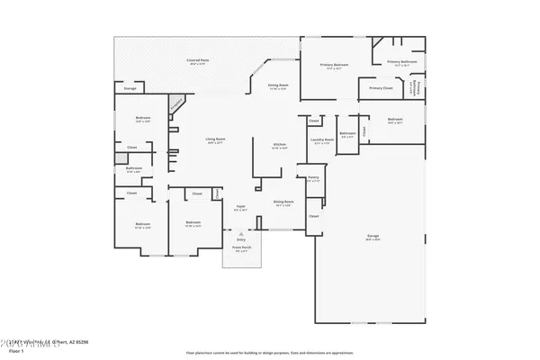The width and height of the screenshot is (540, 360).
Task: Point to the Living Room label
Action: (x=214, y=139)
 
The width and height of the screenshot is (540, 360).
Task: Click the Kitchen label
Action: (x=280, y=146)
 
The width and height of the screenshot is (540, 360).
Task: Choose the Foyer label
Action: (x=241, y=206)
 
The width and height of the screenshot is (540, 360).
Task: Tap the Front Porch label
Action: (x=241, y=247)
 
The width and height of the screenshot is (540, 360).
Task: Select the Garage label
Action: (x=372, y=236)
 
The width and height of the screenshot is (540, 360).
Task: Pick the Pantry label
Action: (x=313, y=178)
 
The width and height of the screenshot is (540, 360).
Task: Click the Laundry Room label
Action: (x=322, y=139)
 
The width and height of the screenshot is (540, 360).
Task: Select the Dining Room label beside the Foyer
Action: (x=283, y=202)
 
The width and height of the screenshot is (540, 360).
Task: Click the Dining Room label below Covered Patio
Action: (x=278, y=85)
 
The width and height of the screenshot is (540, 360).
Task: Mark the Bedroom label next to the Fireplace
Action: (x=143, y=118)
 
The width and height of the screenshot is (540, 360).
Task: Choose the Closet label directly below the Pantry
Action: (x=313, y=216)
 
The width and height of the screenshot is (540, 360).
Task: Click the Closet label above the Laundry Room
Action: (x=313, y=121)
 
